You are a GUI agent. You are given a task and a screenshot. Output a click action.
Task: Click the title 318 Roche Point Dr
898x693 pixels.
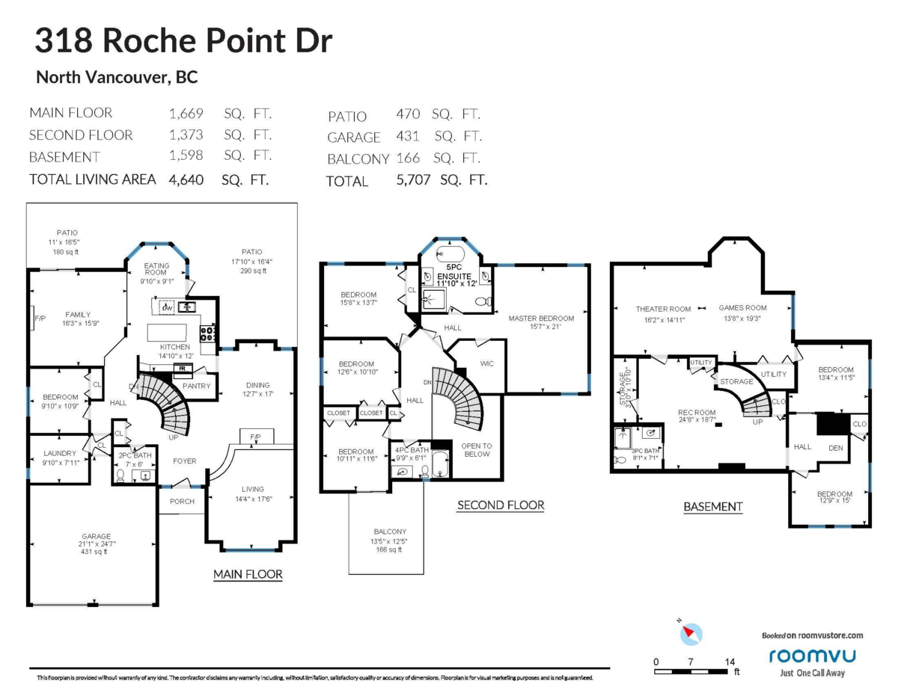[x=183, y=40]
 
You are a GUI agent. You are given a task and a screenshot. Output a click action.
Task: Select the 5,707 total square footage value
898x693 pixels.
[x=413, y=180]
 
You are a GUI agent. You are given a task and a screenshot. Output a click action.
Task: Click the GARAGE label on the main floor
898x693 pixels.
[x=97, y=536]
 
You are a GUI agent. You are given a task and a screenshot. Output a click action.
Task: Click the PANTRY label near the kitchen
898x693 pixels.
[x=196, y=386]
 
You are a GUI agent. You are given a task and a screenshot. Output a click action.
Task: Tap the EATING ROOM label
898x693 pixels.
[x=156, y=269]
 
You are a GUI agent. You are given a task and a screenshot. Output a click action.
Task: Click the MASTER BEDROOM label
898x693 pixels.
[x=541, y=318]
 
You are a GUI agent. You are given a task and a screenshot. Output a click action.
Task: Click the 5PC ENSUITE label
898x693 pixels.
[x=453, y=275]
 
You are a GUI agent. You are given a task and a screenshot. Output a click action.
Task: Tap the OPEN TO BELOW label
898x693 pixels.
[x=477, y=449]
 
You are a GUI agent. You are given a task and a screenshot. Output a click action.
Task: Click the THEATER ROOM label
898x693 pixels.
[x=663, y=308]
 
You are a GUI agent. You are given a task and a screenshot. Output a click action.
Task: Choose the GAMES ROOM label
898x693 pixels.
[x=743, y=307]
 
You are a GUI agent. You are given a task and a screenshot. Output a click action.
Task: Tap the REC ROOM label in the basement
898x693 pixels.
[x=697, y=413]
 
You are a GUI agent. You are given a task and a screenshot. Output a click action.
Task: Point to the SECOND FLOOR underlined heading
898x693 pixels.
[x=501, y=505]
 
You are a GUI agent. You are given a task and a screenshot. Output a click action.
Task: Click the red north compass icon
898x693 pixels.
[x=691, y=633]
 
